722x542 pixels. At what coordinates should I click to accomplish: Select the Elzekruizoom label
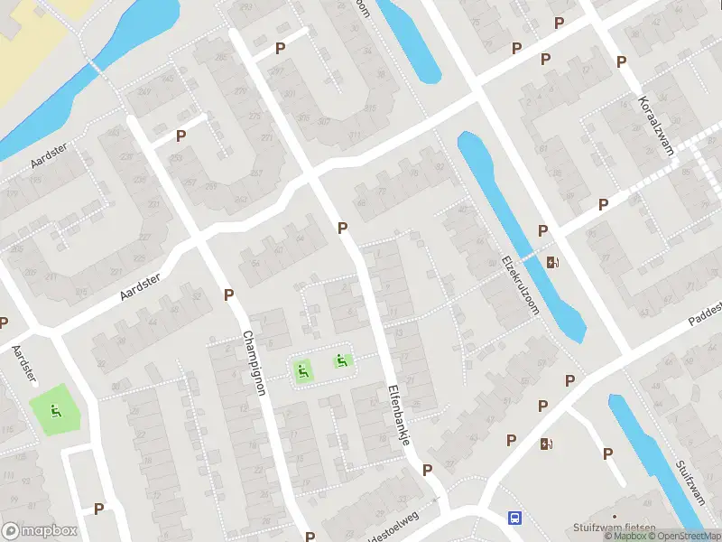click(x=520, y=285)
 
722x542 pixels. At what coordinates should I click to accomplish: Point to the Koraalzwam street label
click(x=656, y=126)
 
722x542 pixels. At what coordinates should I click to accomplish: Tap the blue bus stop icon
click(x=514, y=518)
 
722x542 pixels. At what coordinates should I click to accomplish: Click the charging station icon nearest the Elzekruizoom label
click(x=552, y=263)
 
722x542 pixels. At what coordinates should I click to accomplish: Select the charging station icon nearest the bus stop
click(x=545, y=444)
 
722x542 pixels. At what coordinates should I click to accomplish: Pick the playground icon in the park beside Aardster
click(x=56, y=412)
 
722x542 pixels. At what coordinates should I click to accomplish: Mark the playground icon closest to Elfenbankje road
click(x=342, y=361)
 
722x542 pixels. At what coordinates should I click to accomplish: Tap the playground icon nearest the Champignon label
click(x=301, y=369)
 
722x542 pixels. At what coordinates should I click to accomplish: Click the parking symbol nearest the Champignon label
click(x=229, y=294)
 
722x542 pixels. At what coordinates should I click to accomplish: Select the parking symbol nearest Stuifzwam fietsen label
click(x=607, y=453)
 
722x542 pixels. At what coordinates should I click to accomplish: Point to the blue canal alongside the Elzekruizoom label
click(x=523, y=235)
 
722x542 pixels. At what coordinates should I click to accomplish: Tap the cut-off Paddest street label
click(x=703, y=312)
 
